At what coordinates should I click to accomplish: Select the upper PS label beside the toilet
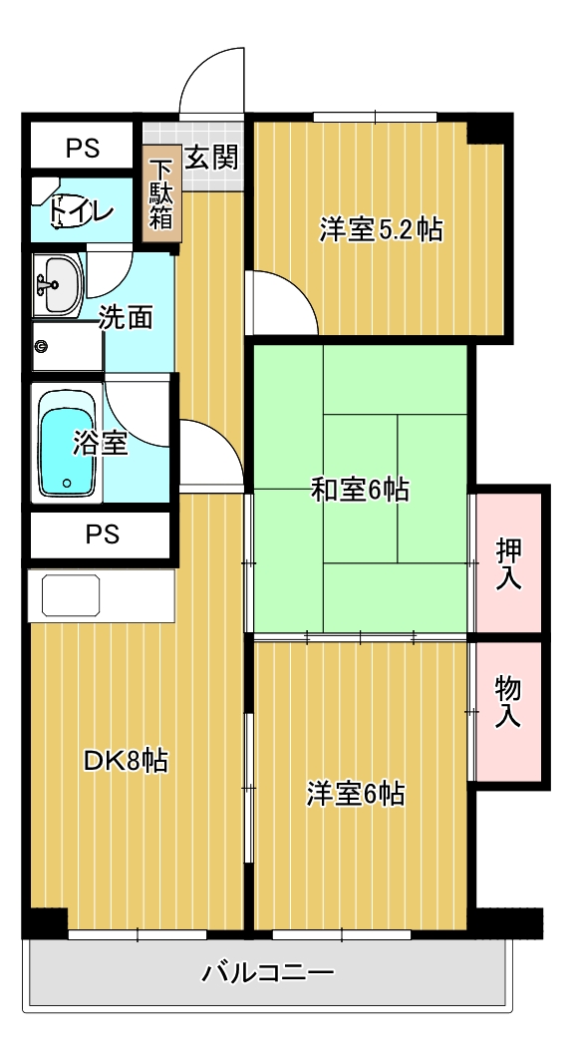point(83,149)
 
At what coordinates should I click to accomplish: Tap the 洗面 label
point(127,318)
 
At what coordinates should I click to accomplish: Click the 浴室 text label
point(101,443)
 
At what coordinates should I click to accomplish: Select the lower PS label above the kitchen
point(102,534)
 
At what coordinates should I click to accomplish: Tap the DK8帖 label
point(125,762)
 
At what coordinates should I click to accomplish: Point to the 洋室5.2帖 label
point(381,230)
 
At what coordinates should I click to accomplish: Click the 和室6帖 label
point(360,490)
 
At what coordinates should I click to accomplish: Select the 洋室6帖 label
point(355,795)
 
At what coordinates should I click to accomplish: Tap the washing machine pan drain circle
point(42,346)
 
